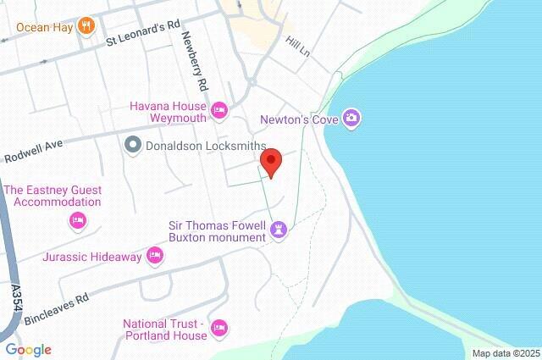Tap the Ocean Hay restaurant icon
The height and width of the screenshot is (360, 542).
[x=85, y=26]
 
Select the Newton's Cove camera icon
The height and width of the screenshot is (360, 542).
[x=351, y=119]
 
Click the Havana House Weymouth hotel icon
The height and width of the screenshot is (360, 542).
[x=219, y=109]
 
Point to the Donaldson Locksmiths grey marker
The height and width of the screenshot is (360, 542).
[x=132, y=145]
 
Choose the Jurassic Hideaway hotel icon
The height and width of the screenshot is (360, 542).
[x=154, y=254]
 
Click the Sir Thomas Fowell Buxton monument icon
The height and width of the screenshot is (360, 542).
[x=279, y=230]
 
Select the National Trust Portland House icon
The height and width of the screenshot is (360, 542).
[x=219, y=327]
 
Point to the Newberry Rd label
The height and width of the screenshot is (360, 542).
[x=194, y=62]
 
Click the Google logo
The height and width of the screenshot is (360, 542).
[x=28, y=350]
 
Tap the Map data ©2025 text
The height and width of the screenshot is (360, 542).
[x=505, y=353]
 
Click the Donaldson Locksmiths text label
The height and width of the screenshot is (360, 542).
[x=200, y=145]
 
